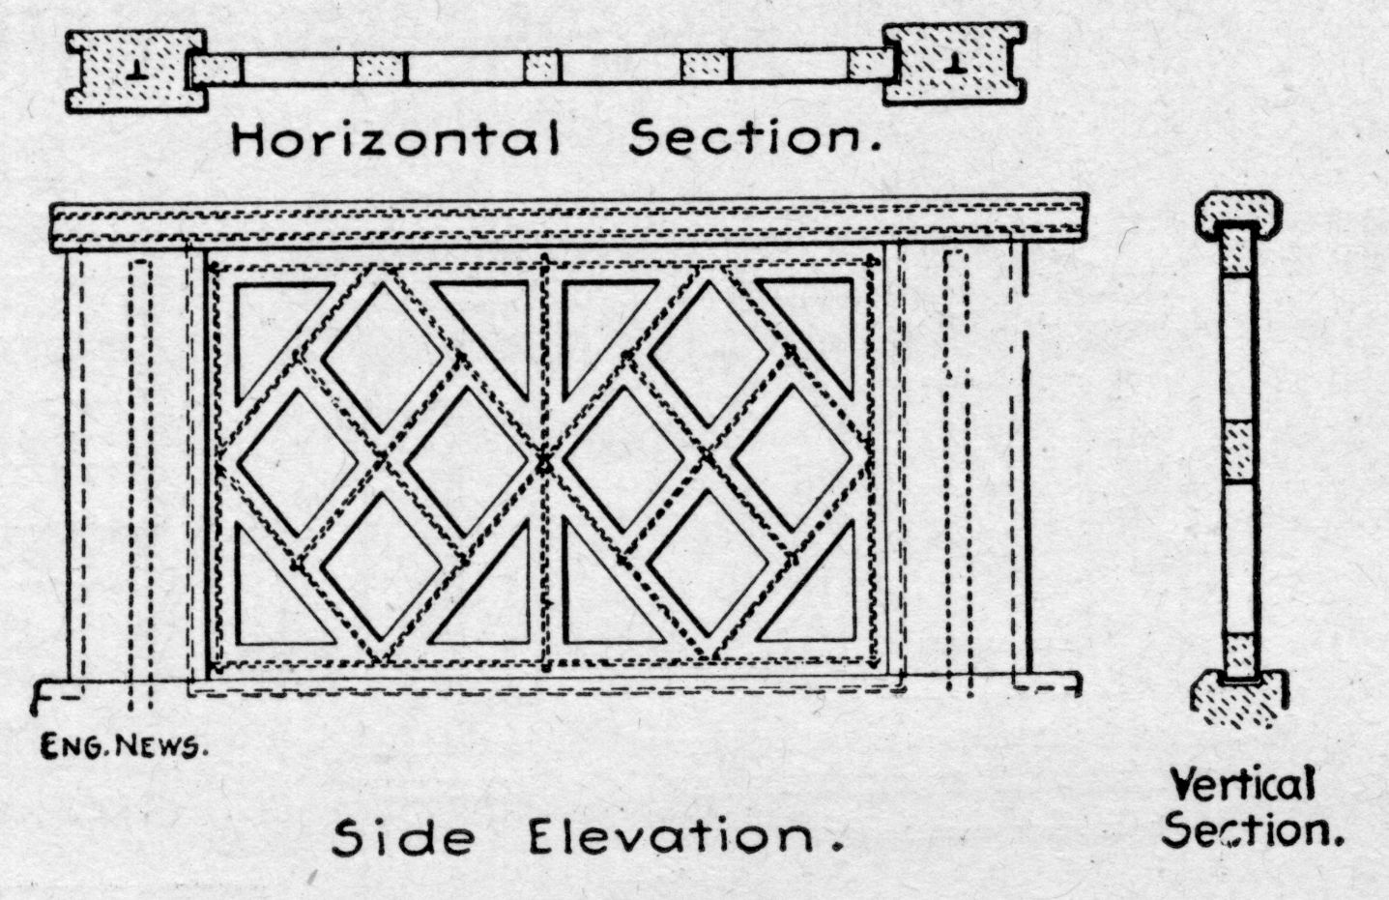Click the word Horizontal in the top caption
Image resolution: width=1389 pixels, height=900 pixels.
click(x=395, y=140)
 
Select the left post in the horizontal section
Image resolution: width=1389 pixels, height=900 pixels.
click(x=135, y=71)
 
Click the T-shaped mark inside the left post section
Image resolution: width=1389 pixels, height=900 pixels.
click(x=136, y=69)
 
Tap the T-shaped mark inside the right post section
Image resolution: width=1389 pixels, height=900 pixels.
click(x=955, y=66)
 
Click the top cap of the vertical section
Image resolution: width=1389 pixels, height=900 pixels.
click(x=1239, y=215)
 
